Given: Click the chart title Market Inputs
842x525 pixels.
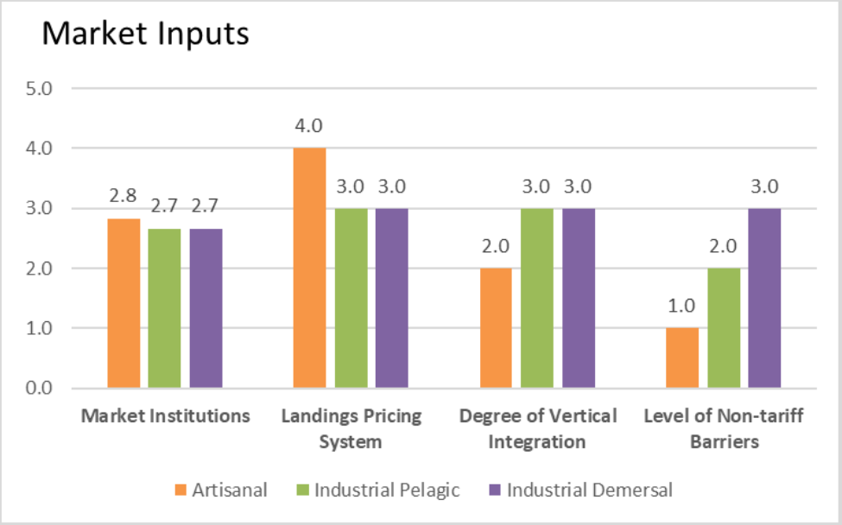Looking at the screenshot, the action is (146, 34).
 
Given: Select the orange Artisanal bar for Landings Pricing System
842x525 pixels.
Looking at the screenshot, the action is (309, 268).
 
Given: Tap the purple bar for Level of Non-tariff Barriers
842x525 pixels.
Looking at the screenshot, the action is (764, 298).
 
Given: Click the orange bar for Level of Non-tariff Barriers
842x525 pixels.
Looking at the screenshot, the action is (682, 357).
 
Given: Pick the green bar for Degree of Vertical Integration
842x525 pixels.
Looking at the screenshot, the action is (537, 298).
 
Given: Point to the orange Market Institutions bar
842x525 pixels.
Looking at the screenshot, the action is (123, 303).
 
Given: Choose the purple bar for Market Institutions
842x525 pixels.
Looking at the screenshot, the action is (206, 308).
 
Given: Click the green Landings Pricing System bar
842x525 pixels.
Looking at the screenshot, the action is (351, 298).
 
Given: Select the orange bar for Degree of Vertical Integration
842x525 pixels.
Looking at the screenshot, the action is (496, 327).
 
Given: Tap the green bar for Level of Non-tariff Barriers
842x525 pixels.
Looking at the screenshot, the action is (724, 327).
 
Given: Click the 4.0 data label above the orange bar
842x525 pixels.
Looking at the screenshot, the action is (309, 125).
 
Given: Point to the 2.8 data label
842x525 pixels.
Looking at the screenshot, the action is (123, 196).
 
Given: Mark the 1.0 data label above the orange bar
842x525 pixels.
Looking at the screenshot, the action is (681, 306).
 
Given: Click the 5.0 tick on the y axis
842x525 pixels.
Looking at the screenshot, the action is (39, 89).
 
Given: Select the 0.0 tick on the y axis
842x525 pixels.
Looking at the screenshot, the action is (39, 388).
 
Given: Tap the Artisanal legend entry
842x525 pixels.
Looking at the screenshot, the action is (221, 490).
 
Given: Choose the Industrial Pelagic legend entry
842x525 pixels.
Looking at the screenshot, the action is (378, 490).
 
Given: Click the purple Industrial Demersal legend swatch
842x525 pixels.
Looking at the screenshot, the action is (495, 490).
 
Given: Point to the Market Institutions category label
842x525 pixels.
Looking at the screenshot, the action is (166, 416).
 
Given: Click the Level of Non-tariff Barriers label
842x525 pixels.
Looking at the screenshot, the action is (724, 428).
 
